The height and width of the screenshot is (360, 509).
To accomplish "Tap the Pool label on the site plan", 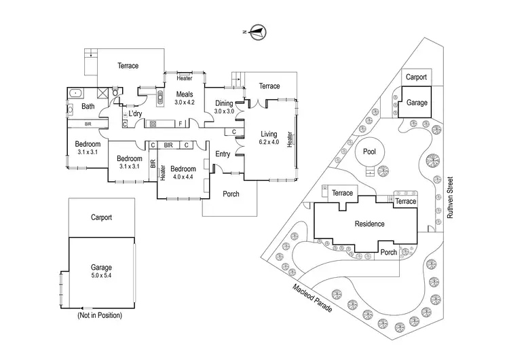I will click(x=369, y=151).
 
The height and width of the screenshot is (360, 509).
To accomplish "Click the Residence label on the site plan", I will click(x=370, y=223).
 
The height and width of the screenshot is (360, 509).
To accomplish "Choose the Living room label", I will click(x=269, y=134).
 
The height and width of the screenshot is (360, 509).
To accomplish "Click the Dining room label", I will click(x=224, y=103).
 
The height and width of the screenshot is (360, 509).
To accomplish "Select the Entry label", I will click(x=223, y=154).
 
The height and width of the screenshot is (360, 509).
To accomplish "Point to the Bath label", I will click(x=88, y=107).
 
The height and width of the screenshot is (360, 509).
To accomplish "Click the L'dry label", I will click(x=134, y=113).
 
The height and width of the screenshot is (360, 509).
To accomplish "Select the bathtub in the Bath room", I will click(x=75, y=92).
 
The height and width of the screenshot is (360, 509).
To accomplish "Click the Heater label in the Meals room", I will click(x=184, y=77).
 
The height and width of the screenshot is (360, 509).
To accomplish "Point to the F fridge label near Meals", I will click(x=179, y=123).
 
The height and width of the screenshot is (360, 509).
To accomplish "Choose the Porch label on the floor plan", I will click(x=231, y=194).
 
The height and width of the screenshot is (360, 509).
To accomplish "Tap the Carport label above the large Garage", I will click(x=101, y=218).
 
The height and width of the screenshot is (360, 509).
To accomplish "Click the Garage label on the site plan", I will click(x=417, y=102).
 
